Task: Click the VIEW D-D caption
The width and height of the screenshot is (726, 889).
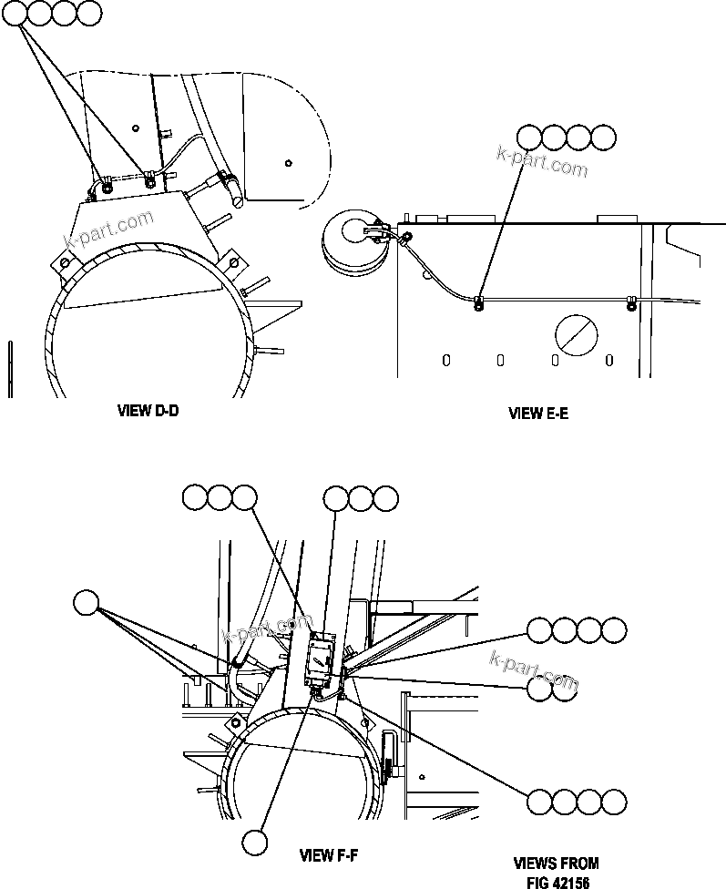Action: pos(148,412)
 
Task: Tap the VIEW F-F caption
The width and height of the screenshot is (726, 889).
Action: pos(330,855)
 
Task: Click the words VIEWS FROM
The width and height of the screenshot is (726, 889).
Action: pos(557,863)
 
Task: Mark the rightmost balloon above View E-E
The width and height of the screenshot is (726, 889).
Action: pos(603,138)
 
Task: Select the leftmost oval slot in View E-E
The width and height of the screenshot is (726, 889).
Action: pos(446,360)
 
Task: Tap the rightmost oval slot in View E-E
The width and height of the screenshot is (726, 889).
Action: pos(609,360)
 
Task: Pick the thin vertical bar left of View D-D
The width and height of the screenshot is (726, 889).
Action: pos(9,369)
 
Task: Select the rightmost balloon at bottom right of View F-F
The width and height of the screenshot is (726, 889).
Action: pos(614,802)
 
